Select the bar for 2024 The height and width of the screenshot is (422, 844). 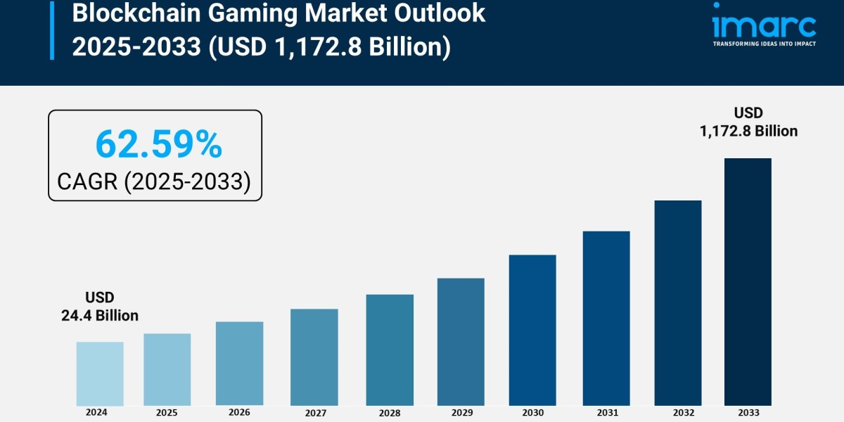click(100, 373)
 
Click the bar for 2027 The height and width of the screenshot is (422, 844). click(314, 357)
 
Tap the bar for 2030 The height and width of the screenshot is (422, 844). click(532, 330)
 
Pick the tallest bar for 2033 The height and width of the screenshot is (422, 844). click(748, 281)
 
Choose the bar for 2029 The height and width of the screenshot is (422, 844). click(461, 342)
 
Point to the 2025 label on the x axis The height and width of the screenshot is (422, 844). click(167, 412)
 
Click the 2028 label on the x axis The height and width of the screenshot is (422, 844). click(389, 412)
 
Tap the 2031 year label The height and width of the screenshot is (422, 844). click(606, 412)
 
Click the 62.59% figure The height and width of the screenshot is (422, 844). click(158, 144)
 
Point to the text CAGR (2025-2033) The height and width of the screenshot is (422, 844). click(154, 181)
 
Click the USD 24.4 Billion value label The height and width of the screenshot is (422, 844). click(100, 307)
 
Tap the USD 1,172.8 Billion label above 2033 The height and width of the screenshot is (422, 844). click(748, 122)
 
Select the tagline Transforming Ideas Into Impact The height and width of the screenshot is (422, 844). click(764, 44)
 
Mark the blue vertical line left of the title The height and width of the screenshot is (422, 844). click(52, 30)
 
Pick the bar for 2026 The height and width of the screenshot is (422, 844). click(239, 364)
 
